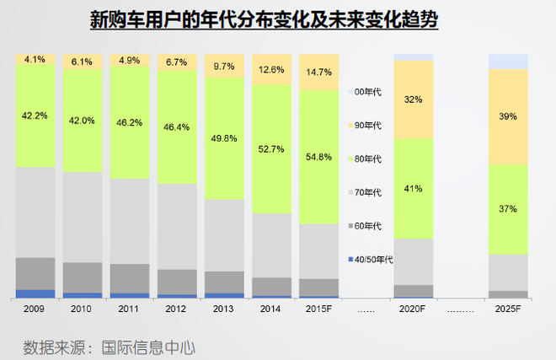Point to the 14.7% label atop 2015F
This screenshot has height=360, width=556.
(x=318, y=73)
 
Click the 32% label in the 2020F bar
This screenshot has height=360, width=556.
(x=413, y=99)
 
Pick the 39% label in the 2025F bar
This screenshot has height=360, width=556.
(x=507, y=116)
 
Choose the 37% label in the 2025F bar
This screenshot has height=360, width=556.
(x=507, y=208)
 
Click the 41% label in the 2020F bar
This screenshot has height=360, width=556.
(x=413, y=189)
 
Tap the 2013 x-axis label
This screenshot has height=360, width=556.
(x=224, y=309)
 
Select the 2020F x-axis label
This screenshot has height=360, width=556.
(x=413, y=309)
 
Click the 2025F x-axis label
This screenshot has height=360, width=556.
(x=507, y=309)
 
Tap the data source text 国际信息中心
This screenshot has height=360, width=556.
(x=148, y=346)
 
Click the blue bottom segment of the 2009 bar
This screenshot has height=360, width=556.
(x=35, y=293)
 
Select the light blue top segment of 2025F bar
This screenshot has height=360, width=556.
(x=507, y=61)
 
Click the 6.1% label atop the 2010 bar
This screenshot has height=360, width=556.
(x=83, y=62)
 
